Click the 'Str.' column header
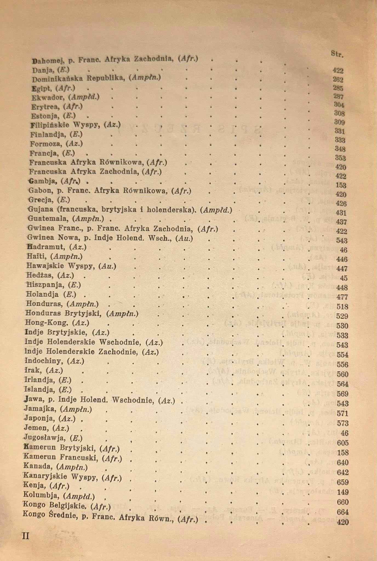click(x=337, y=54)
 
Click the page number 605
click(x=342, y=443)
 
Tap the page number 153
click(x=341, y=185)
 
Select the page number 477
click(x=342, y=297)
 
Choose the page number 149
click(x=342, y=492)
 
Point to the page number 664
click(x=342, y=512)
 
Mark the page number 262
click(x=338, y=80)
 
